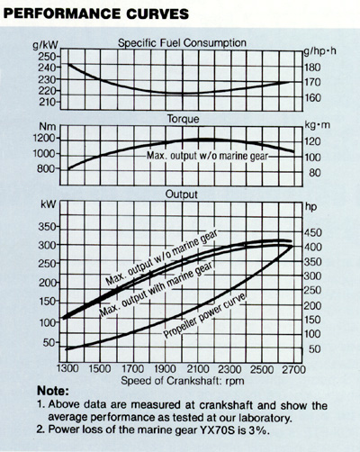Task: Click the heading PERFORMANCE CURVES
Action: tap(96, 14)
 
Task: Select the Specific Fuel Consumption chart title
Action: tap(182, 43)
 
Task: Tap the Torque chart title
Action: tap(183, 119)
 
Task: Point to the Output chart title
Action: tap(182, 194)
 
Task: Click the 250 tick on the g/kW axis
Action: tap(47, 56)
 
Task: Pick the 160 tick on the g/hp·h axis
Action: tap(313, 97)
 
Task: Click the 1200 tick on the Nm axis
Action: tap(44, 139)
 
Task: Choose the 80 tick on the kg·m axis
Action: tap(315, 173)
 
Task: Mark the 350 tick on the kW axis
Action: tap(47, 227)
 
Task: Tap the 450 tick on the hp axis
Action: tap(313, 232)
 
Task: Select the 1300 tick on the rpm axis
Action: tap(67, 368)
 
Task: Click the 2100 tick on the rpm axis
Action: tap(198, 369)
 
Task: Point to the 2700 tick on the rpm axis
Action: tap(293, 369)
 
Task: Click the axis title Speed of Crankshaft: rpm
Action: tap(183, 381)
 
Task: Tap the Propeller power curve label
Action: tap(205, 315)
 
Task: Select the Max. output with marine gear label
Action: tap(157, 288)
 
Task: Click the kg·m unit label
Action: tap(317, 125)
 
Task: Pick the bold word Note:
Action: tap(53, 391)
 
